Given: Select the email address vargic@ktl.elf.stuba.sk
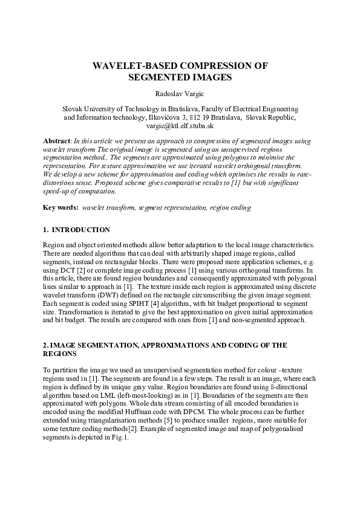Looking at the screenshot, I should [180, 127].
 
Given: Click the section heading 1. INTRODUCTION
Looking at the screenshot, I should [77, 230].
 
